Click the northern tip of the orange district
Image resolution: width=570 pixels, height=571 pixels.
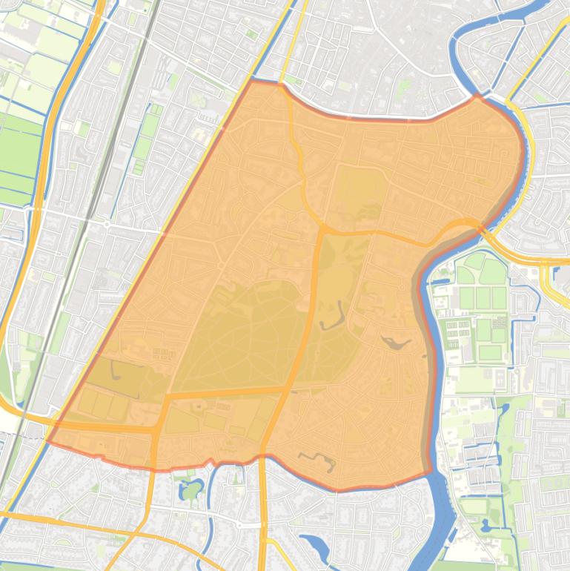pyautogui.click(x=253, y=80)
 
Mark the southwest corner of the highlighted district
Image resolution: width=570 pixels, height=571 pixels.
pyautogui.click(x=49, y=440)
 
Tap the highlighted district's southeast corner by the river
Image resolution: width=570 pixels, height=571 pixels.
pyautogui.click(x=430, y=471)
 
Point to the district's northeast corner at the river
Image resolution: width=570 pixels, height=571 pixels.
pyautogui.click(x=478, y=96)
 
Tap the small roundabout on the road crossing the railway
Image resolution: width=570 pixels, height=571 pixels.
pyautogui.click(x=107, y=223)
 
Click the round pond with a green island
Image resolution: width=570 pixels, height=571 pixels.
pyautogui.click(x=191, y=489)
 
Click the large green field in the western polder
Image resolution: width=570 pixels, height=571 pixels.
pyautogui.click(x=19, y=156)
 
